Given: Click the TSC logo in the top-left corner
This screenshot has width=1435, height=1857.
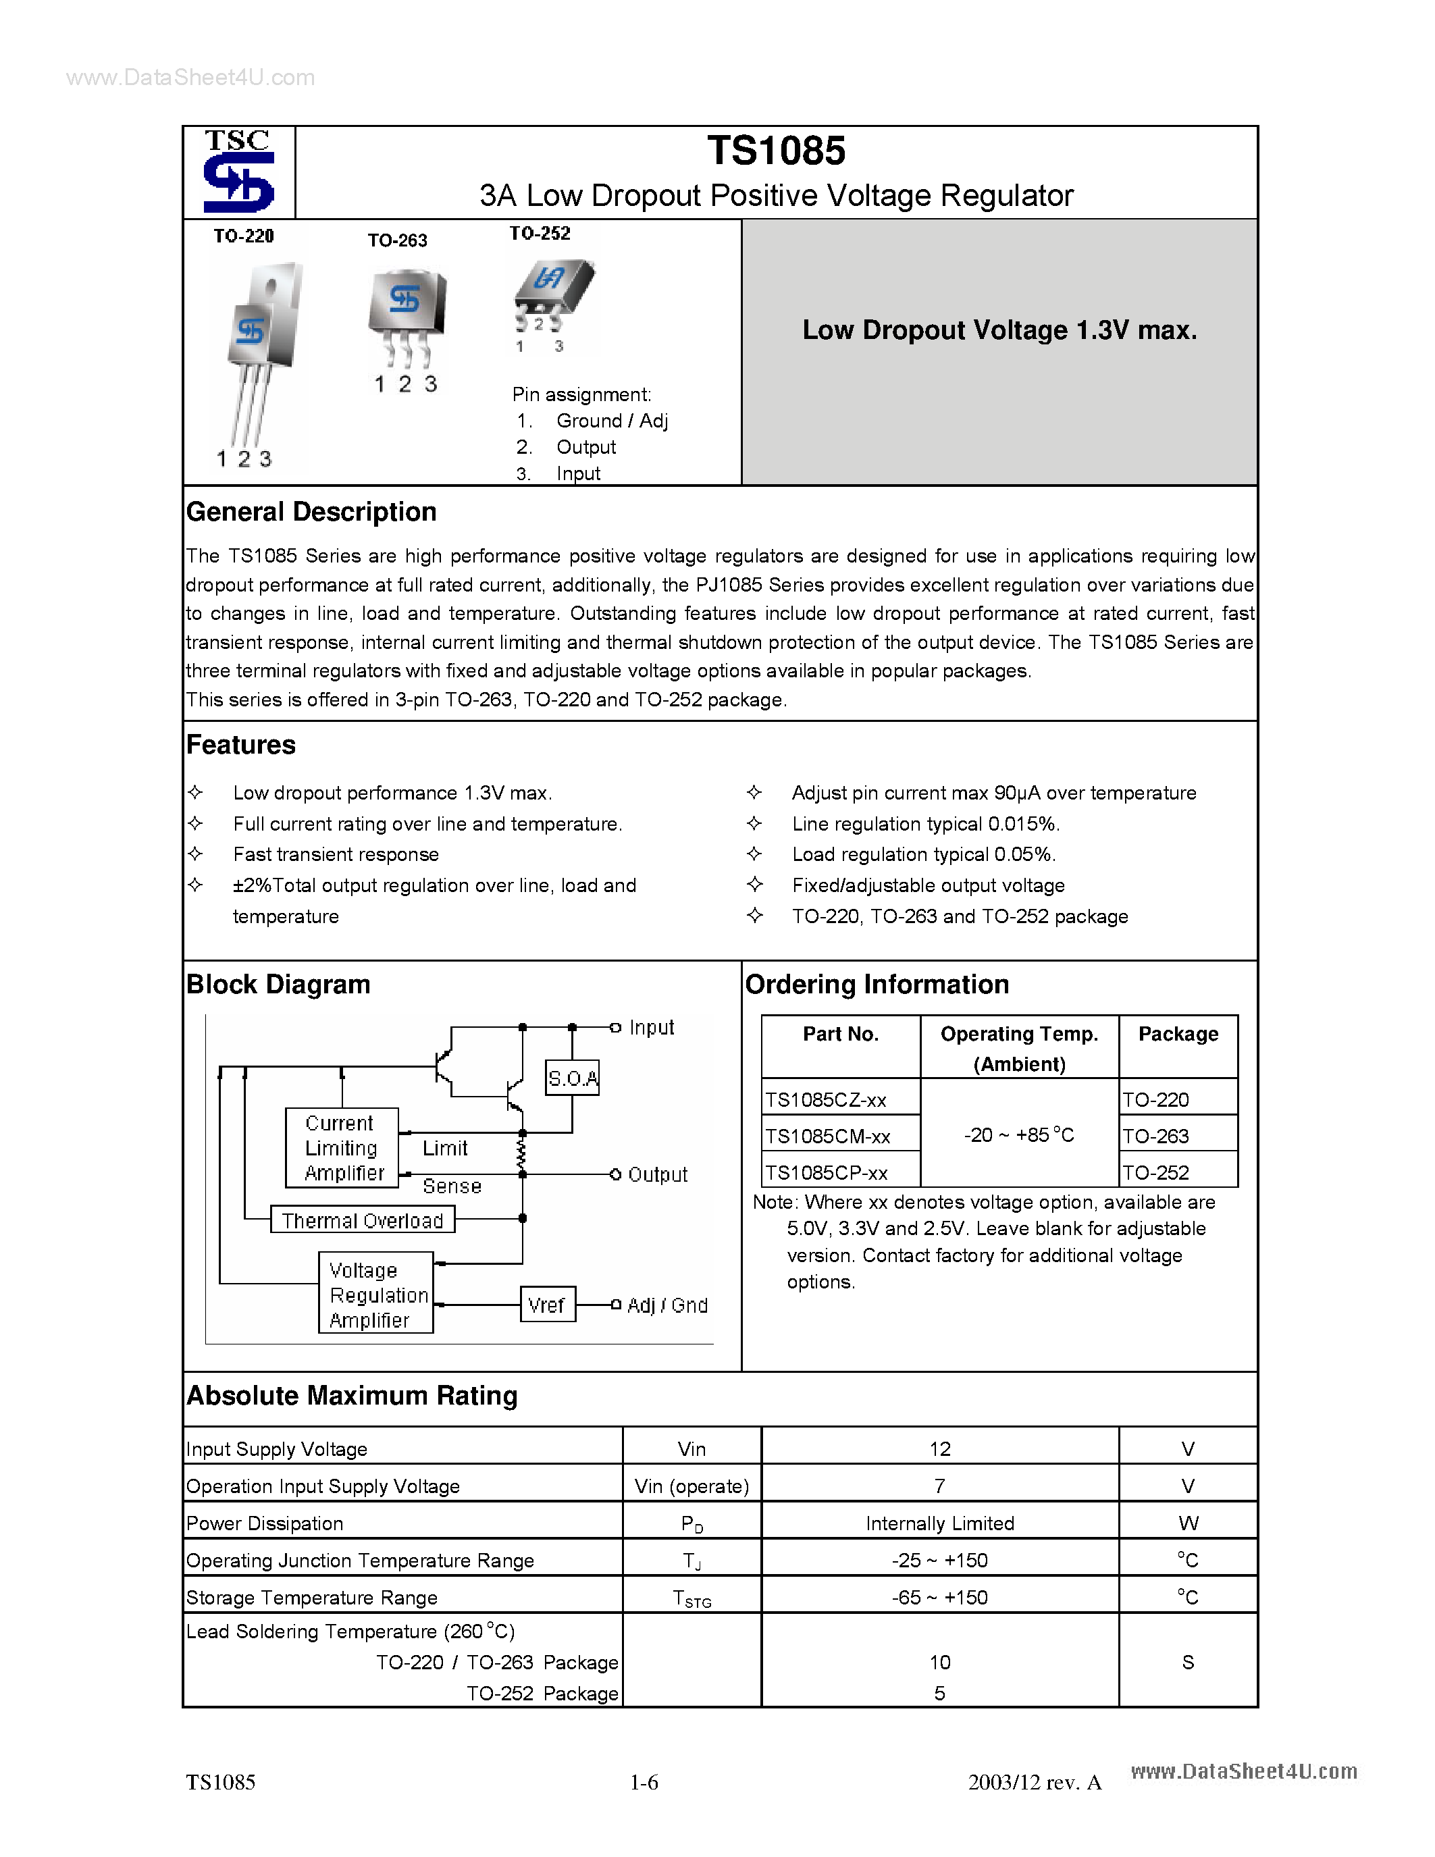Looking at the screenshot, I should pos(239,172).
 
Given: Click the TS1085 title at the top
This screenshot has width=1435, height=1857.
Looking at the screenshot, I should pos(775,151).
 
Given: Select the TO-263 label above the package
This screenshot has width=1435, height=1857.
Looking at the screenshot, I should pos(397,240).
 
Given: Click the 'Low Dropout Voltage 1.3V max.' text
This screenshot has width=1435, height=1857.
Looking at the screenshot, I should pos(999,330).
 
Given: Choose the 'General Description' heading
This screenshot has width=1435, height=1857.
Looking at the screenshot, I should pos(311,512).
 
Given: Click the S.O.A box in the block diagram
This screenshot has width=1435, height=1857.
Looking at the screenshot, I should pos(572,1078).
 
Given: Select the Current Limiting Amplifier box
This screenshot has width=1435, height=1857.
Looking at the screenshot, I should pos(342,1148).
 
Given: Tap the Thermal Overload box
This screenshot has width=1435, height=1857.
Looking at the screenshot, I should pos(362,1220).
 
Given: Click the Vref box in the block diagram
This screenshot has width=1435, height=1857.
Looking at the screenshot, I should pos(546,1305).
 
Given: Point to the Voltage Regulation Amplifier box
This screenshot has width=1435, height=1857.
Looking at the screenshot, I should pos(375,1294).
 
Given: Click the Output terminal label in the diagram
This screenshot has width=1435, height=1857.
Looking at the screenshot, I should pos(657,1174).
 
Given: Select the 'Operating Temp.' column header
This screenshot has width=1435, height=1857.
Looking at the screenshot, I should pos(1018,1034).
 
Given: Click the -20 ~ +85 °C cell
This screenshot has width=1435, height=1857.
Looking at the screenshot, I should pos(1018,1135).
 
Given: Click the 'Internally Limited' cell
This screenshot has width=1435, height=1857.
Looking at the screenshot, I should pos(939,1523).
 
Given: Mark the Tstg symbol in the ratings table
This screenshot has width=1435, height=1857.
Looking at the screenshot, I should pos(691,1598).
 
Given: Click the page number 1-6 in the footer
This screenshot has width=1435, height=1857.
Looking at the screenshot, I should pos(644,1782).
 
